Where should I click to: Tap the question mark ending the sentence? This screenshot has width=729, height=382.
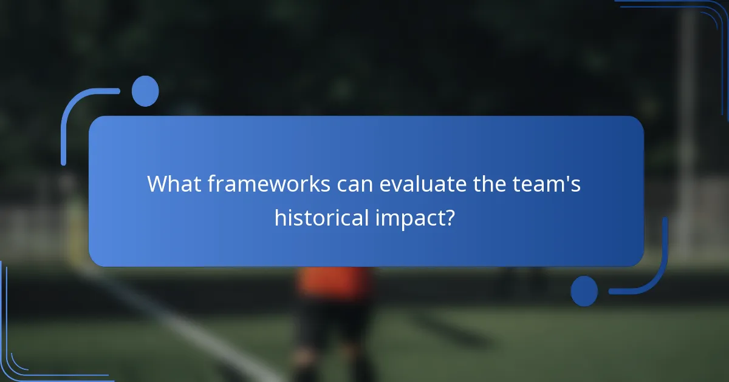tap(449, 217)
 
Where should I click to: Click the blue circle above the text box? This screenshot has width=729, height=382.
tap(145, 91)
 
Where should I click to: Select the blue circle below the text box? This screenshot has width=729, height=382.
tap(584, 291)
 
